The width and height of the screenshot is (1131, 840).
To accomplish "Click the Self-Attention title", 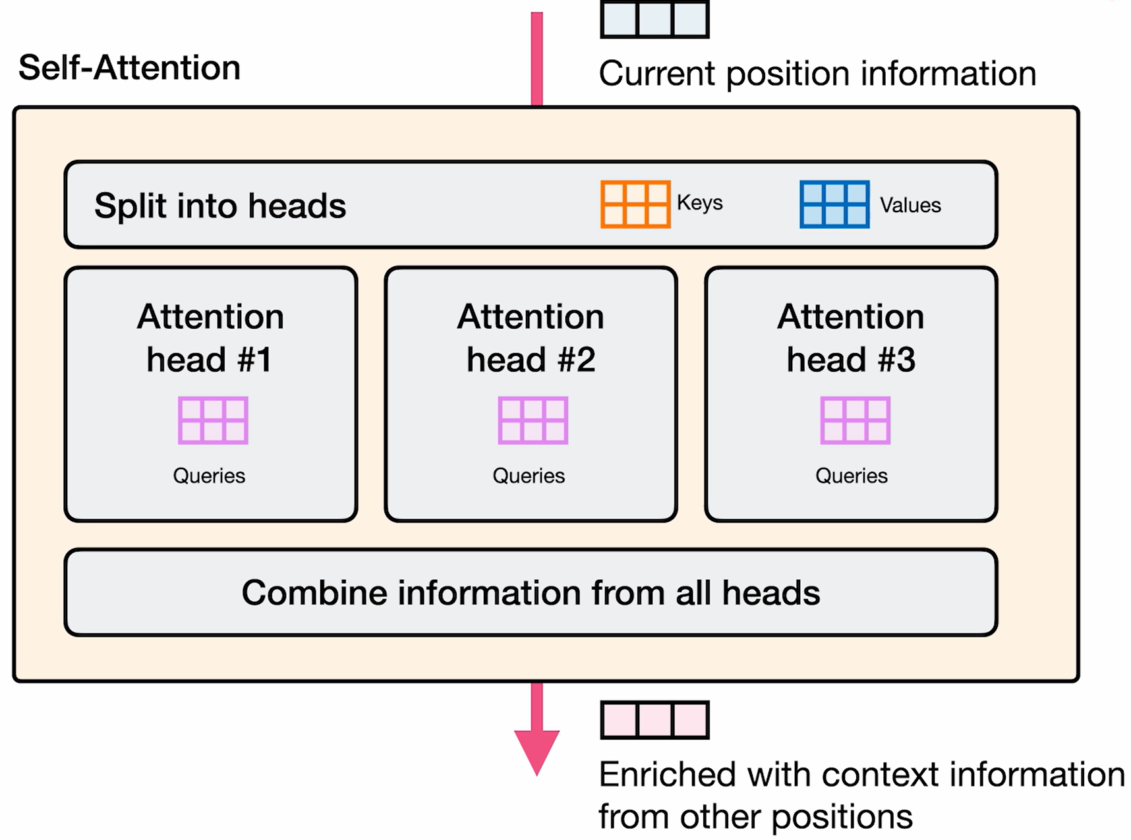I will click(129, 68).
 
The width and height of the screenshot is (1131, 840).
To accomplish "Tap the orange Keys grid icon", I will click(635, 204).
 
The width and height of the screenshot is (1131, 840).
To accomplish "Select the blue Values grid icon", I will click(834, 204).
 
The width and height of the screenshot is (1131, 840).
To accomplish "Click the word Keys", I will click(699, 202).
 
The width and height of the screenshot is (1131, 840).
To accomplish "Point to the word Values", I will click(910, 205).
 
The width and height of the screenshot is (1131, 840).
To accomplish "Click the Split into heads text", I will click(219, 206).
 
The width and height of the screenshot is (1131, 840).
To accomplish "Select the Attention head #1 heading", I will click(210, 338).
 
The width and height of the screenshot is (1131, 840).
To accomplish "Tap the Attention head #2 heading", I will click(531, 338).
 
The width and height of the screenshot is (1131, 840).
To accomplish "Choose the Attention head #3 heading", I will click(851, 338).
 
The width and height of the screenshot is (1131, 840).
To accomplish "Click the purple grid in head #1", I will click(213, 420).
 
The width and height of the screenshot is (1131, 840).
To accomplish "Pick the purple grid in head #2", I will click(533, 420).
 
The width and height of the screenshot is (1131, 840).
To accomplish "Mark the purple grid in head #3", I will click(855, 420).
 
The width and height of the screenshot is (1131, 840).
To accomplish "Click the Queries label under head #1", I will click(209, 476).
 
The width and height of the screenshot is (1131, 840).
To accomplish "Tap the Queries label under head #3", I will click(851, 476).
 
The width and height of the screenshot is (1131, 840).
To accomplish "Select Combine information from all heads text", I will click(531, 592).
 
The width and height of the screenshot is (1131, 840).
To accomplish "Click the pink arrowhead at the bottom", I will click(536, 750).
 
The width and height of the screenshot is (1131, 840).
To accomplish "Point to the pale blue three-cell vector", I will click(654, 18).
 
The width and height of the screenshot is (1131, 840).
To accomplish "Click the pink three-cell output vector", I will click(654, 719).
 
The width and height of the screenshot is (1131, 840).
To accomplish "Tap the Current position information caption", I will click(817, 73).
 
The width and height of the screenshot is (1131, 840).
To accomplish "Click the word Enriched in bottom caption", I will click(666, 775).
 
